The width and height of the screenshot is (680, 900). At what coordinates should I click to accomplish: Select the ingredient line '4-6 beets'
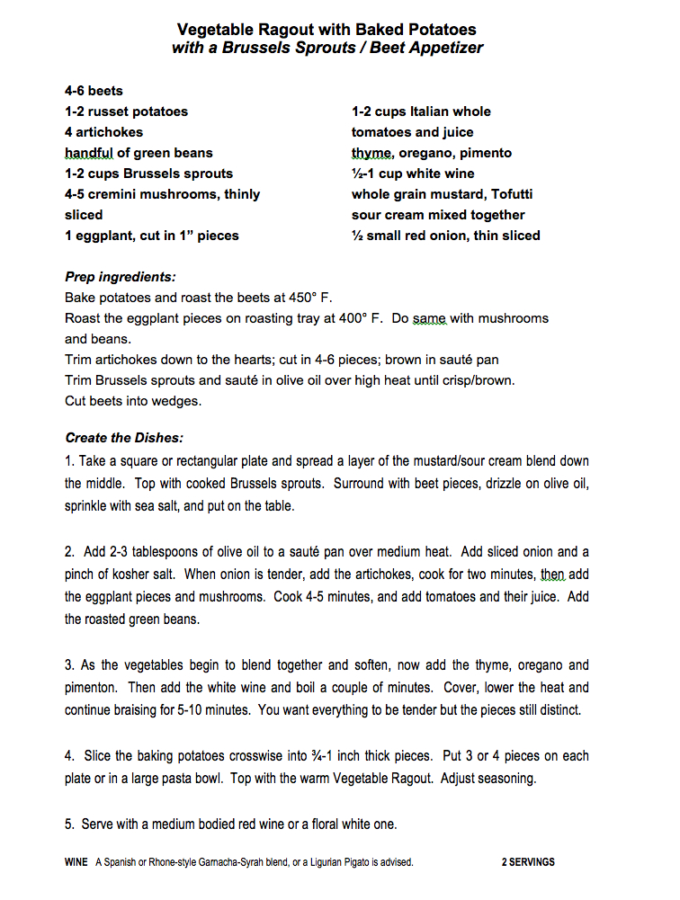tap(94, 91)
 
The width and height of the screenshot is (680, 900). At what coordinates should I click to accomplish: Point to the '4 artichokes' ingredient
tap(103, 132)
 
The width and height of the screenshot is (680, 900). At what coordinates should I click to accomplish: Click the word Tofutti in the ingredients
tap(496, 194)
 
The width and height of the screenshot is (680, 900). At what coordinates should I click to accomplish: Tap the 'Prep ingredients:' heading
tap(121, 277)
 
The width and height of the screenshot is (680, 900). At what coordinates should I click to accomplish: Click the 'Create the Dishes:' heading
tap(124, 438)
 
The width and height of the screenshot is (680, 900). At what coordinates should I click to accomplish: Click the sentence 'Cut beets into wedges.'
tap(133, 401)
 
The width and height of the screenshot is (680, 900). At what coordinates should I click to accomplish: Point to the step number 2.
tap(68, 552)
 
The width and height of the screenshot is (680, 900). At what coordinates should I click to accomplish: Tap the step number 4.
tap(68, 756)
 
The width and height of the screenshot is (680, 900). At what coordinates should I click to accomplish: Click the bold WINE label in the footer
tap(76, 862)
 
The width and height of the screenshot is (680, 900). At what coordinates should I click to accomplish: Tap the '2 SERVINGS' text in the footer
tap(528, 862)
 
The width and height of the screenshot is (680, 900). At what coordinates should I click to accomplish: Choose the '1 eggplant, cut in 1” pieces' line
tap(152, 236)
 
